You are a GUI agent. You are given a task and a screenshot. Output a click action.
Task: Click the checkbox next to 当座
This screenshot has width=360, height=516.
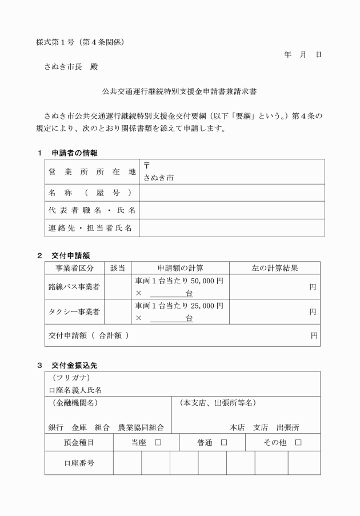click(x=158, y=442)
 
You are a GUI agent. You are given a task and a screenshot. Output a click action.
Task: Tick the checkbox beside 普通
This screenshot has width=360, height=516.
click(x=224, y=442)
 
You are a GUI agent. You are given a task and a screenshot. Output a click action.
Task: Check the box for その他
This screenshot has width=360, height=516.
click(x=298, y=442)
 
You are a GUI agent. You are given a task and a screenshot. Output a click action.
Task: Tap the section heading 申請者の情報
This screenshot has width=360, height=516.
click(x=74, y=153)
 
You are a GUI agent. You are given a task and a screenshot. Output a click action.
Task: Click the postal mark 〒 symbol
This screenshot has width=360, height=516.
click(x=146, y=166)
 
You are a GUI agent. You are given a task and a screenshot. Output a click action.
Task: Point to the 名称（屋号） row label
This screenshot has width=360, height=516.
click(x=92, y=192)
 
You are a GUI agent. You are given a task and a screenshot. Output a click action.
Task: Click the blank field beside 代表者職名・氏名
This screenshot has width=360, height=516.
click(x=231, y=210)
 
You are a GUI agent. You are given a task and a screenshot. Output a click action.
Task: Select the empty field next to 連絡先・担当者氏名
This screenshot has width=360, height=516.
click(x=231, y=228)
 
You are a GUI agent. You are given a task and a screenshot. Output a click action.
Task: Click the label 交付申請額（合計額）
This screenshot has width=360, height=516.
click(x=89, y=335)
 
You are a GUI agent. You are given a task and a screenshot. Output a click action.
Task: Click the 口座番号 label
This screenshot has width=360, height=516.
click(x=79, y=463)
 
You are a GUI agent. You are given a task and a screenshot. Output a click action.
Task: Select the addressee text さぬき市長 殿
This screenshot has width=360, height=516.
click(x=71, y=67)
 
